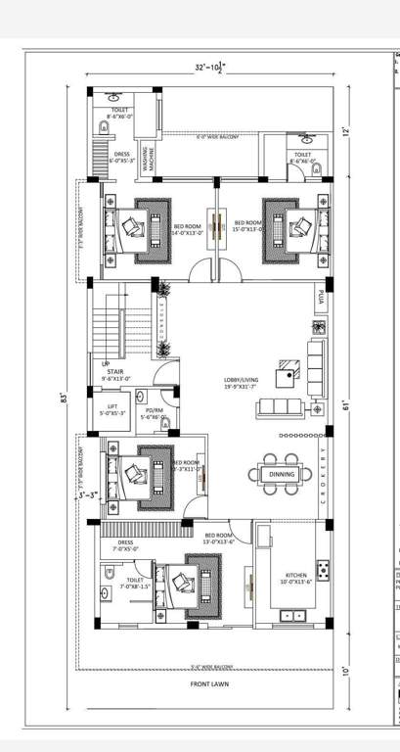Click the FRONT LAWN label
pos(209,684)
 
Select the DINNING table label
pos(282,474)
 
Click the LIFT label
pos(111,410)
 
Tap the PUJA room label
pos(321,295)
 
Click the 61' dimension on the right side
pos(344,403)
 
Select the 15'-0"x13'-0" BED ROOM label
pos(244,230)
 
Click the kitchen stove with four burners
pos(322,569)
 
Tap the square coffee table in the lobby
pos(287,372)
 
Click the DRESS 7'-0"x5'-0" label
pos(125,545)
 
